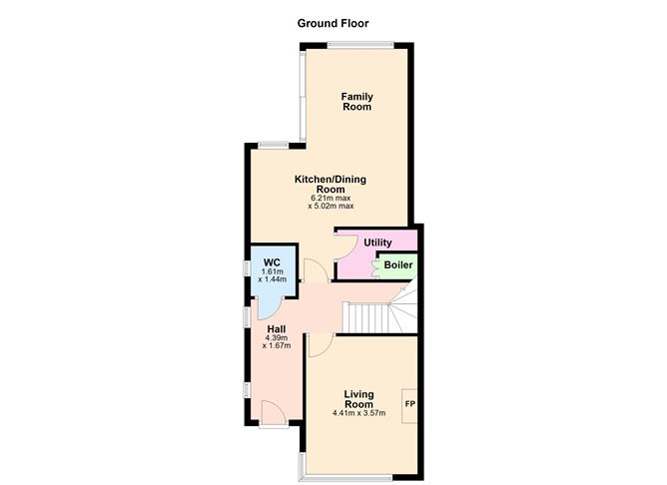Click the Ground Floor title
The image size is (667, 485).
[333, 22]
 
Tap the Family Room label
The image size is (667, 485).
[356, 102]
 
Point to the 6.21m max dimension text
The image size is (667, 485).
[332, 199]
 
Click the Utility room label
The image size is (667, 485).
[376, 242]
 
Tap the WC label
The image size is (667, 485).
[272, 262]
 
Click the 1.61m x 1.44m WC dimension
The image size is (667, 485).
[273, 275]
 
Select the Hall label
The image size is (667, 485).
[277, 328]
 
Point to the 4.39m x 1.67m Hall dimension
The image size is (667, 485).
[277, 342]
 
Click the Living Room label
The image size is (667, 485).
[357, 398]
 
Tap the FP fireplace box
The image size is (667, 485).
[409, 404]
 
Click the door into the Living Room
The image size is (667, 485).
[320, 344]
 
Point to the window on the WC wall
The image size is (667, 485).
[246, 267]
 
